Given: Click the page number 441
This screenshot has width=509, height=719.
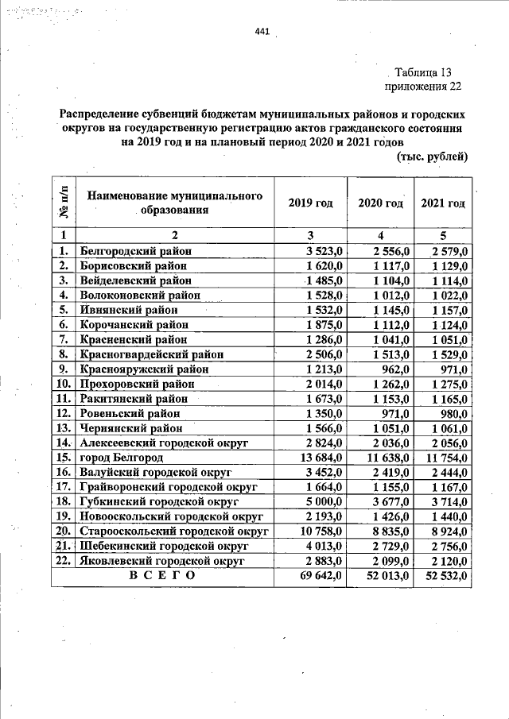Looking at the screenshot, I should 262,32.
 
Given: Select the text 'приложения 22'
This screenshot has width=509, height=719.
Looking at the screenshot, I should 422,87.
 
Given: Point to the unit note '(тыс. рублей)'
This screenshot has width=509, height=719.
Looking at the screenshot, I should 431,157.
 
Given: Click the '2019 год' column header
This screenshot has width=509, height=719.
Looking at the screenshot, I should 310,203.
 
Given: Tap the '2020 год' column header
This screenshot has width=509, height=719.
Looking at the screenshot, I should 380,203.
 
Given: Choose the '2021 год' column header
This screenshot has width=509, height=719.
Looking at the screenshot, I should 443,203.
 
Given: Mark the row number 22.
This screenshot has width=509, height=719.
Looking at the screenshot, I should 64,561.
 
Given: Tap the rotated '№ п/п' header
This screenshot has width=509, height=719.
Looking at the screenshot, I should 64,203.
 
